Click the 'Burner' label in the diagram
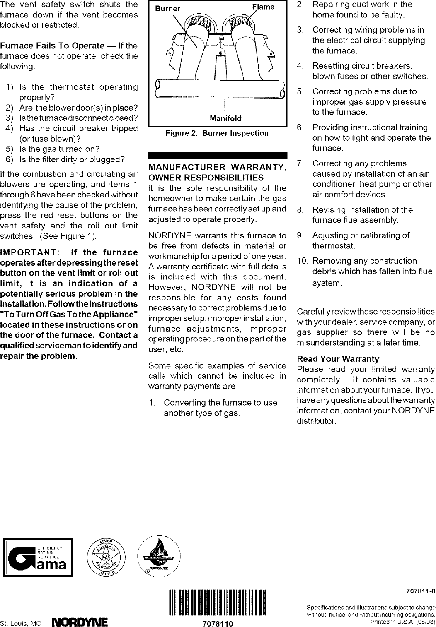[x=167, y=9]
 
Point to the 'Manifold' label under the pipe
[x=225, y=119]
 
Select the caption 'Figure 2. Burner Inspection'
[x=217, y=133]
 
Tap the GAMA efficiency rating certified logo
[x=38, y=557]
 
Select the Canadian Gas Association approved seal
[x=159, y=557]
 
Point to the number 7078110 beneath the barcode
[x=217, y=623]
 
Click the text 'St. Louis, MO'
[x=21, y=622]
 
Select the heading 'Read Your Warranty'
[x=338, y=359]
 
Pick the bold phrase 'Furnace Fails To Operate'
[x=52, y=46]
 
